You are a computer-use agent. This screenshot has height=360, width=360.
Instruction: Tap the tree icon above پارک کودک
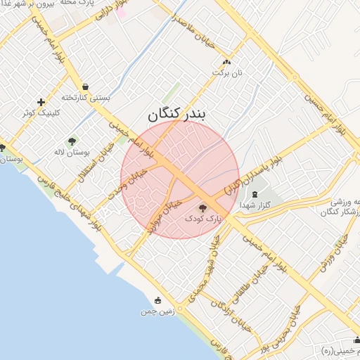[203, 208]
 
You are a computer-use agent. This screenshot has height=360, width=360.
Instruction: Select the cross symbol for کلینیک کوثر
[41, 102]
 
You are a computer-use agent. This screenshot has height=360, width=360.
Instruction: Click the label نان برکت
[226, 72]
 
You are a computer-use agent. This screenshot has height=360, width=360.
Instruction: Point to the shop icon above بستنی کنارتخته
[85, 86]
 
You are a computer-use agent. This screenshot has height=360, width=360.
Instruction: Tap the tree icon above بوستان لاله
[72, 142]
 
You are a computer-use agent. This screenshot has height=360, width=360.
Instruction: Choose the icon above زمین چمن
[157, 300]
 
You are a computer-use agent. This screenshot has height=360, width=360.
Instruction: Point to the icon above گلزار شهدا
[255, 194]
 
